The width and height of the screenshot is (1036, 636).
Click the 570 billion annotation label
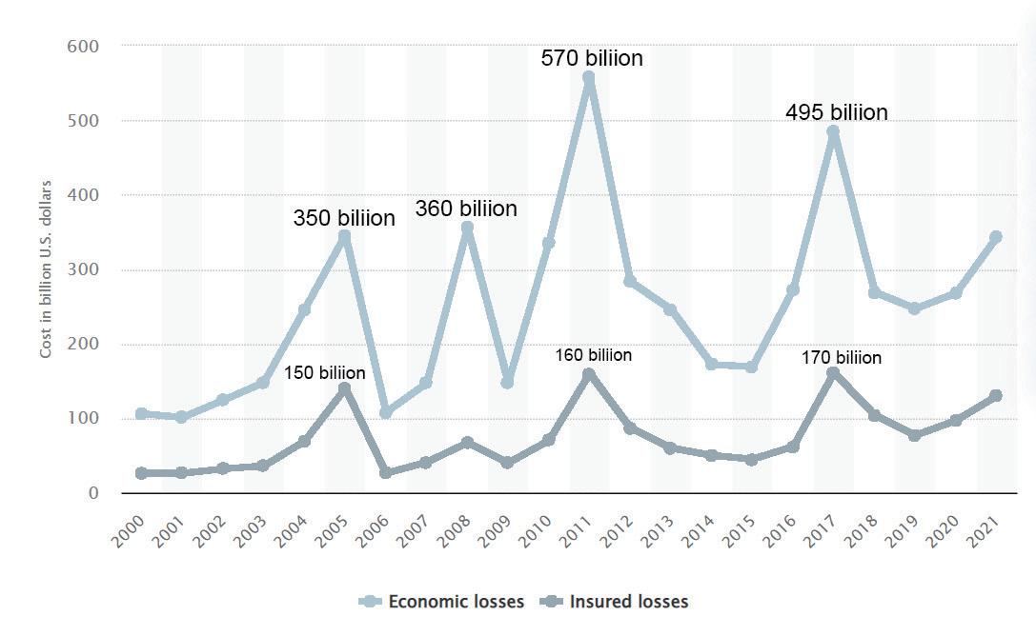[x=592, y=58]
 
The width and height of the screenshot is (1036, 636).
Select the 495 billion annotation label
[x=836, y=112]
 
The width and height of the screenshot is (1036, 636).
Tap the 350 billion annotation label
[x=343, y=218]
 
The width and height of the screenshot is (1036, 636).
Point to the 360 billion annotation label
[x=465, y=209]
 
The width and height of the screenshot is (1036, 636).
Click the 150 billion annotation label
[x=324, y=372]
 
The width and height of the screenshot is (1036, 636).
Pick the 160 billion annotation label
[x=593, y=355]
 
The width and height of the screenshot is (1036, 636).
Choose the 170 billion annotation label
[x=841, y=358]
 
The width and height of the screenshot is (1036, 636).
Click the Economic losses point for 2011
[x=589, y=78]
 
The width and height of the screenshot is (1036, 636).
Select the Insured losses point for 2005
[x=344, y=388]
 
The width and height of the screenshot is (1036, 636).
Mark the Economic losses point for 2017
[x=833, y=132]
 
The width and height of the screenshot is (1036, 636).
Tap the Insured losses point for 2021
[x=995, y=396]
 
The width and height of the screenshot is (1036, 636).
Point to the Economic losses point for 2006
[x=386, y=412]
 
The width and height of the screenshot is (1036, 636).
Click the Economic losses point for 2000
[x=141, y=414]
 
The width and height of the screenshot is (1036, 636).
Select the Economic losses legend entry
[x=441, y=602]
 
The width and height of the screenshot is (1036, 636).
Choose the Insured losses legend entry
[x=617, y=602]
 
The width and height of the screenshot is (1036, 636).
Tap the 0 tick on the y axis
[x=93, y=493]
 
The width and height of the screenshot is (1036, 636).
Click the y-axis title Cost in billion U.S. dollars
[x=46, y=269]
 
